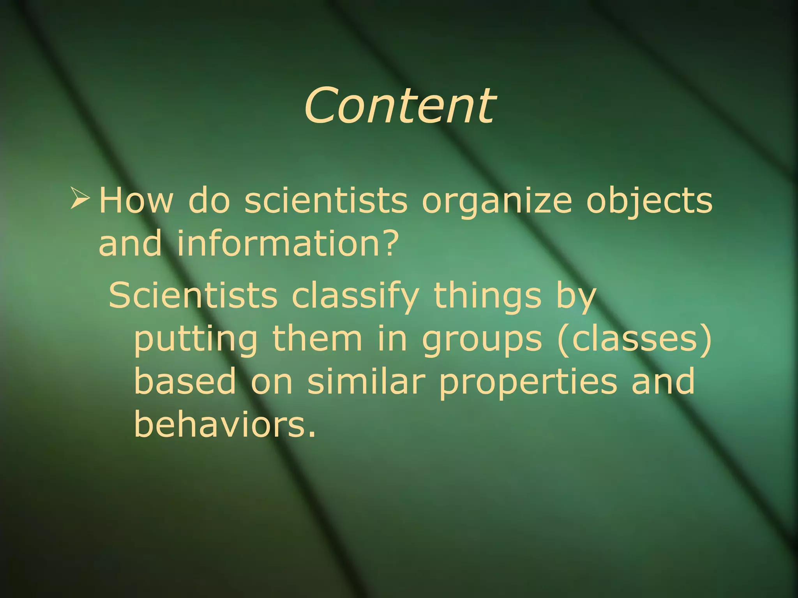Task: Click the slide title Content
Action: point(399,105)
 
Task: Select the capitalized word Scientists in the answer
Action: point(193,295)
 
